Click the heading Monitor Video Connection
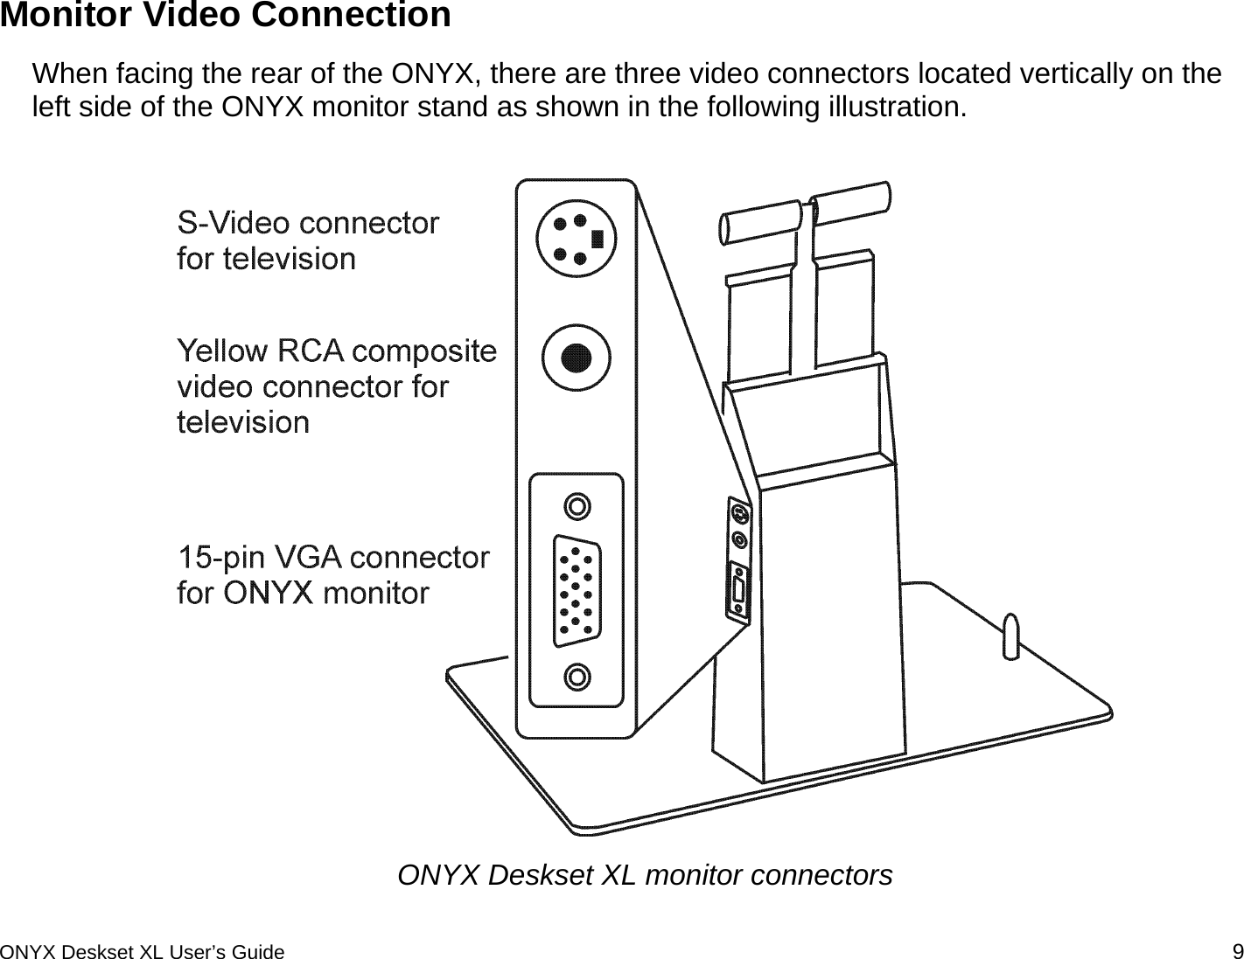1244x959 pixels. coord(226,16)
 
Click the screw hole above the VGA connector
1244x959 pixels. coord(577,506)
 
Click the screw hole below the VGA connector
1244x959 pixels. coord(577,676)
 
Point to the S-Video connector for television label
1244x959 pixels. coord(307,241)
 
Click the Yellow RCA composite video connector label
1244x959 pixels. coord(336,386)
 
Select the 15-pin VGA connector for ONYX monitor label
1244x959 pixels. coord(332,574)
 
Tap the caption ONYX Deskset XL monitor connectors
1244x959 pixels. coord(645,874)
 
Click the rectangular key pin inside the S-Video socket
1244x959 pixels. coord(598,238)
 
